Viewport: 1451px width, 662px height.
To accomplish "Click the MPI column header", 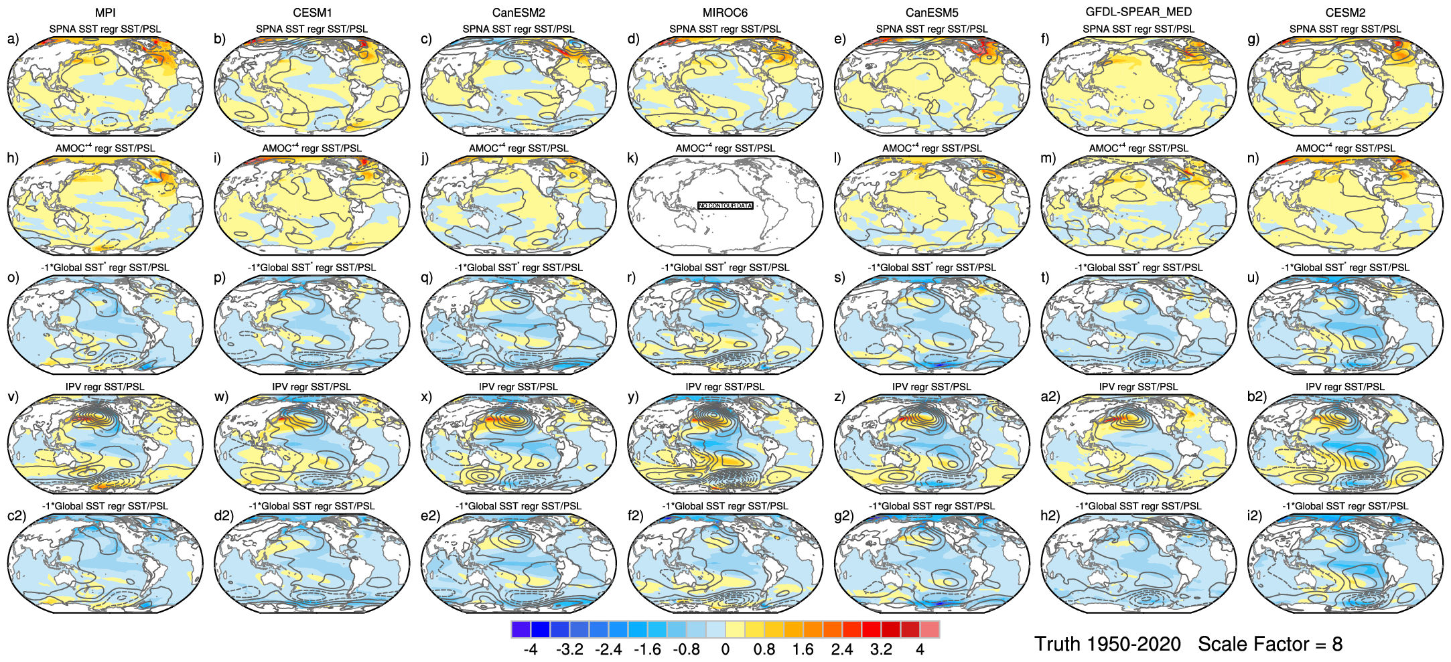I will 105,13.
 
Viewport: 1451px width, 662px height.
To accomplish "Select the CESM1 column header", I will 312,13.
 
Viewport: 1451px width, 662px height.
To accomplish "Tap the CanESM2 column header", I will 519,13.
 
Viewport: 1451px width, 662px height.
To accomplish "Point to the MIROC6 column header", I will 725,13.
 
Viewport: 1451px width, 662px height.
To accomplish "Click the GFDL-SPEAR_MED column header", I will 1138,12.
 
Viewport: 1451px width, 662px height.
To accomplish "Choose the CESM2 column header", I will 1345,13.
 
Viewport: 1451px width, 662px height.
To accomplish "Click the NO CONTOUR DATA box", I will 725,205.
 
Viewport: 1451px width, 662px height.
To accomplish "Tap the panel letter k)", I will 632,158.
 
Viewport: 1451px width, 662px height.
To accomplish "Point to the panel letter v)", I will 13,396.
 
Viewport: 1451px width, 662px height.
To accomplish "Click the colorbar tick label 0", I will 725,649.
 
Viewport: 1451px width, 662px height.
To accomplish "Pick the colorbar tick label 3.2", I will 881,649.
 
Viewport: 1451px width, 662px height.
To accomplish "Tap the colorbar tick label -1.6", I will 647,649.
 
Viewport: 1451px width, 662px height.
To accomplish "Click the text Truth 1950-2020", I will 1107,644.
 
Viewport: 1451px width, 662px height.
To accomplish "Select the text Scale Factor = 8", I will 1270,644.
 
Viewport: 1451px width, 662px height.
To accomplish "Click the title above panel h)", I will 105,148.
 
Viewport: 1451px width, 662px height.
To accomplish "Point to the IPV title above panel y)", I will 725,386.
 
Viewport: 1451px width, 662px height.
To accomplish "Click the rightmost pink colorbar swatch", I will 930,629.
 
